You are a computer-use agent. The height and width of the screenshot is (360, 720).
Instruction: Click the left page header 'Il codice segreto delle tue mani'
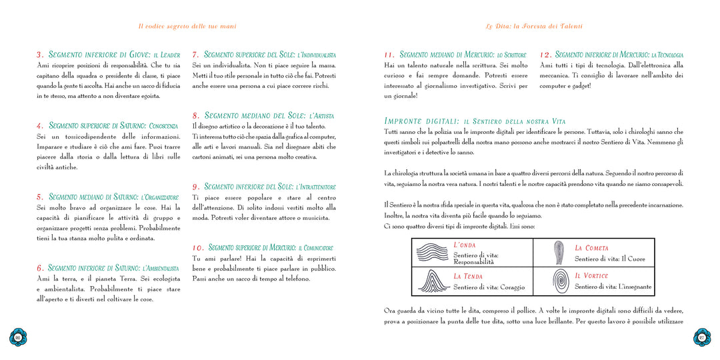click(187, 27)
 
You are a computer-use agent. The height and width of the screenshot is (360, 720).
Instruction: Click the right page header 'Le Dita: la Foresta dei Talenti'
click(533, 27)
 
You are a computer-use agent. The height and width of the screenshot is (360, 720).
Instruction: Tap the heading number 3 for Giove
click(40, 55)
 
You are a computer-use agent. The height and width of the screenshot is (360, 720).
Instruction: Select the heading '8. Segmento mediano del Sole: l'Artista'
click(263, 115)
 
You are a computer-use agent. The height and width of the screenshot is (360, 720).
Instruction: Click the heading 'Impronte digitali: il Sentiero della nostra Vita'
click(475, 121)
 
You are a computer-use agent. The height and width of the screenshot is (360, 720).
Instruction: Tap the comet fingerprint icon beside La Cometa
click(558, 253)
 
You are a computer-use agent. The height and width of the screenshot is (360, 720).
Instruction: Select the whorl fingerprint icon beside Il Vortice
click(559, 281)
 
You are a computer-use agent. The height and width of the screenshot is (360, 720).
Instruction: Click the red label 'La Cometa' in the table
click(591, 248)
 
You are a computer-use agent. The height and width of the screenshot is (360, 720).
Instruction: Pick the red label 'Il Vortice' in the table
click(591, 275)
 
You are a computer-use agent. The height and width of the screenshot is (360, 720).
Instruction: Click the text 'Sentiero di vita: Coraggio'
click(489, 287)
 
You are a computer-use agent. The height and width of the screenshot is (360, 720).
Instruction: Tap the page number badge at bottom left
click(18, 337)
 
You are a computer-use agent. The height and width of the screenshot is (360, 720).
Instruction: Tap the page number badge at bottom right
click(701, 337)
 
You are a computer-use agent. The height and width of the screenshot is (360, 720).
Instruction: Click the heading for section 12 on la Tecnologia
click(611, 55)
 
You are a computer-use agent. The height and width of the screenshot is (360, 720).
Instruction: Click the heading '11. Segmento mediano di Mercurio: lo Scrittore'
click(455, 55)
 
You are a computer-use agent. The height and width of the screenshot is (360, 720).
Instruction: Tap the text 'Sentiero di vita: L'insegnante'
click(613, 287)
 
